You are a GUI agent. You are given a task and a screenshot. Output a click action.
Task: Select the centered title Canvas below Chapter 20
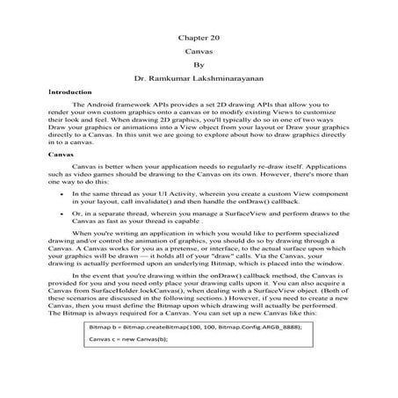(x=199, y=52)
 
